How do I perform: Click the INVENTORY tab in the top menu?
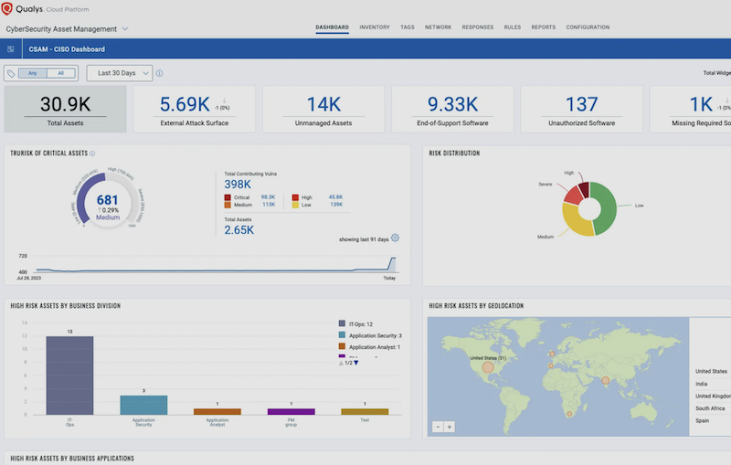tap(375, 27)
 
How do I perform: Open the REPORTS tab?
tap(543, 27)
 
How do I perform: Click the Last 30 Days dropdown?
tap(119, 73)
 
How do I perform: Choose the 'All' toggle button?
tap(61, 73)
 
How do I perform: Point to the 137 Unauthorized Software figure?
tap(581, 103)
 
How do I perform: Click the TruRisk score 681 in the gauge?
tap(108, 199)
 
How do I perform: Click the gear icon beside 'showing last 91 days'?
tap(396, 238)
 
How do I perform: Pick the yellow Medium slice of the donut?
tap(578, 222)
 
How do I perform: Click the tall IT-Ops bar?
tap(69, 375)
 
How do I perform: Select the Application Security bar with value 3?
tap(143, 405)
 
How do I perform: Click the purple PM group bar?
tap(291, 411)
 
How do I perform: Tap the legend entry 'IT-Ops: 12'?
tap(365, 324)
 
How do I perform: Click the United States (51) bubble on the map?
tap(488, 367)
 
